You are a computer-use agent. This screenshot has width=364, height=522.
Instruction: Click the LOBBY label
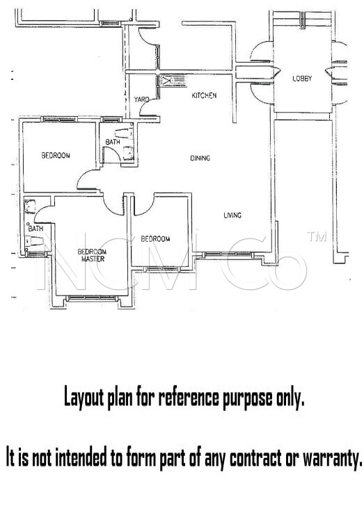302,79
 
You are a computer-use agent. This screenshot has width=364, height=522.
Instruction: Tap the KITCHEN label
204,95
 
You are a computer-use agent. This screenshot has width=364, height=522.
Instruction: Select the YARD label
141,100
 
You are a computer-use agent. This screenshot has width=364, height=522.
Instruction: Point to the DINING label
200,158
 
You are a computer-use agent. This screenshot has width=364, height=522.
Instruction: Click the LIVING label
232,215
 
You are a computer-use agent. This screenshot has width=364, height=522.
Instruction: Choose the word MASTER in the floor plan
92,259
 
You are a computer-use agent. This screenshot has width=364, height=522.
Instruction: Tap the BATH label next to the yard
113,142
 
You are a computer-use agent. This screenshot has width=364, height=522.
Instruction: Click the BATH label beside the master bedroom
36,228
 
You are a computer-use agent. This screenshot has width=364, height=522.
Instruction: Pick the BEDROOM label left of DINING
56,156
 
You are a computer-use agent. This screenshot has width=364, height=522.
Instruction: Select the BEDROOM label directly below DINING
155,239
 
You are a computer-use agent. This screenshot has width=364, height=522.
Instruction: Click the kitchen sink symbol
168,81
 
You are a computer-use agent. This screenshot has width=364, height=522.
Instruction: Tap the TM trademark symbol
317,238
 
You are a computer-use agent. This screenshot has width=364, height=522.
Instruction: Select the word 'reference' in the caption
188,398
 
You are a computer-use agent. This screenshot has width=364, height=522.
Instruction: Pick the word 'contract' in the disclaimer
248,459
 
